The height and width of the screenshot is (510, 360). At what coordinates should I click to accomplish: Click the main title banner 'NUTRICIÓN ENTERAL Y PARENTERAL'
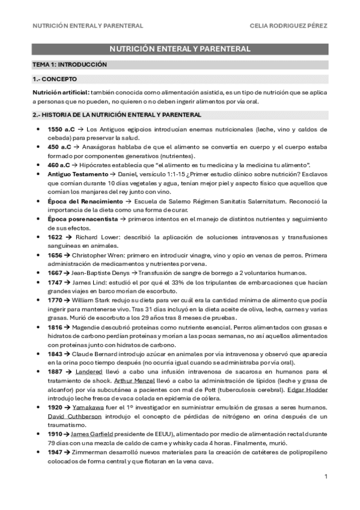pos(180,49)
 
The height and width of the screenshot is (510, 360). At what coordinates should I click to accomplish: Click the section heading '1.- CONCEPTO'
pos(55,79)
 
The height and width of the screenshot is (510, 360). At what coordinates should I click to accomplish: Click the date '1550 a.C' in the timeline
pos(58,129)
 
